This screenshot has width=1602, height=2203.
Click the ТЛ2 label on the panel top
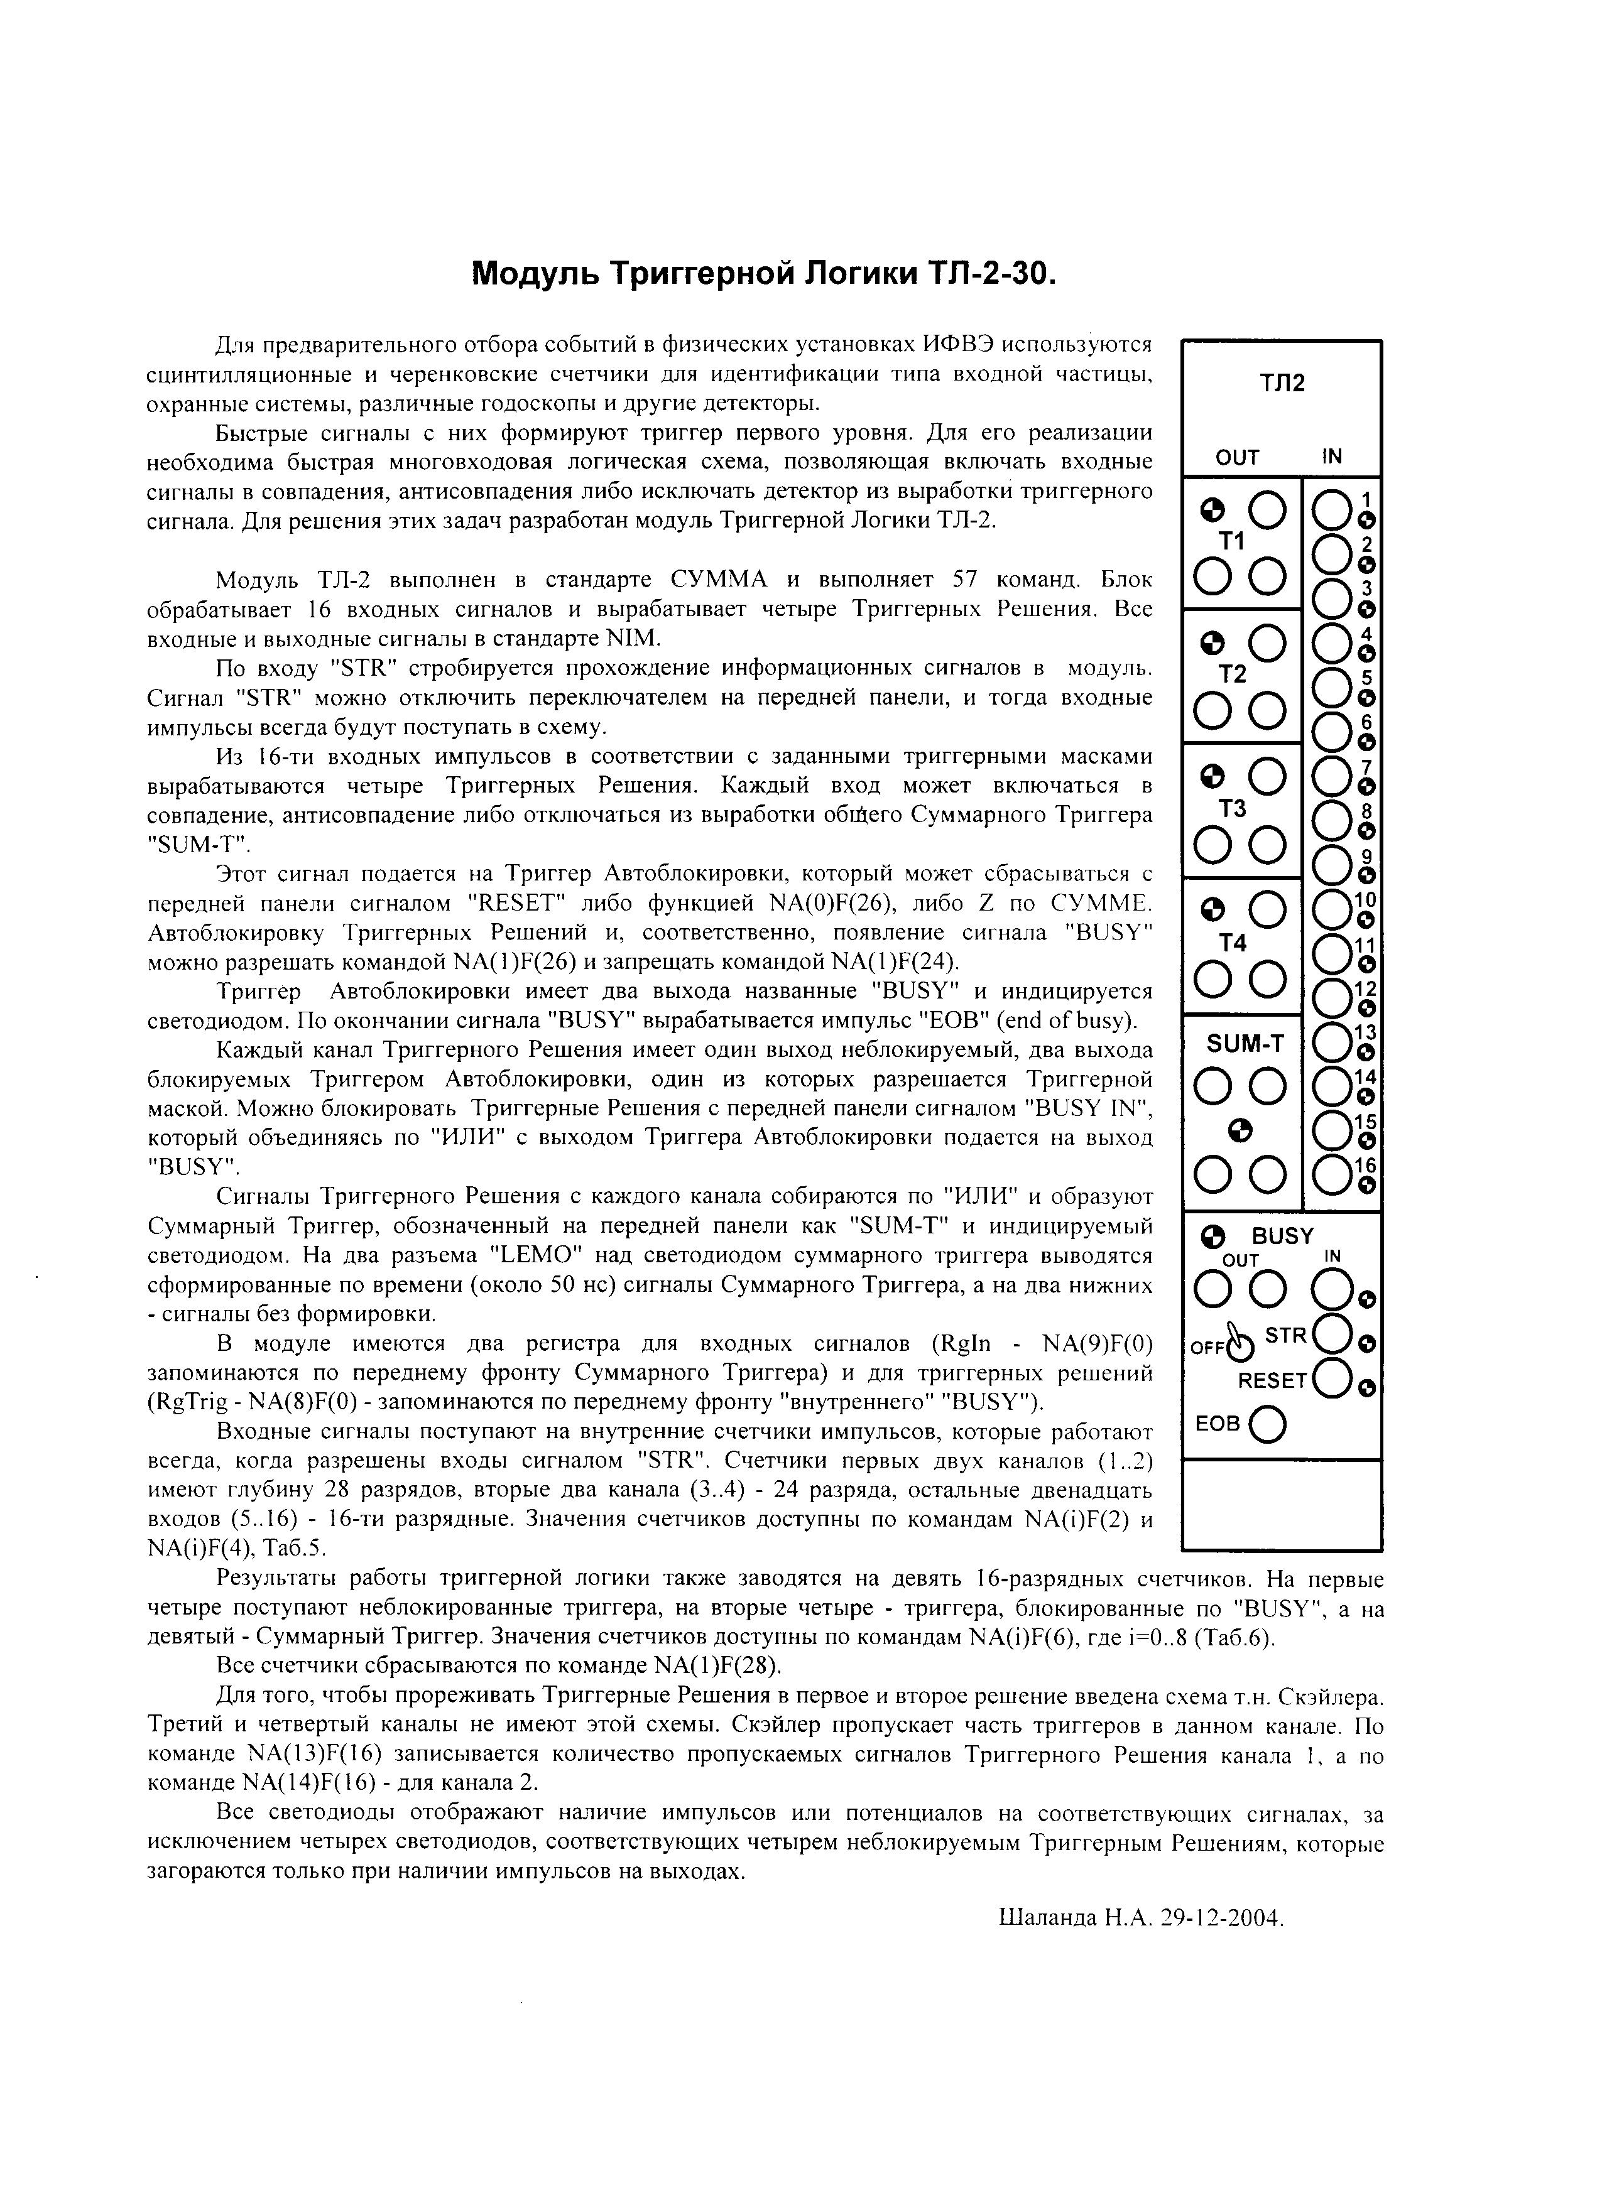[1282, 382]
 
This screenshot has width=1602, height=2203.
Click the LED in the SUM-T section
[1239, 1129]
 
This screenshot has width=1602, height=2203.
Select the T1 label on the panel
[1232, 542]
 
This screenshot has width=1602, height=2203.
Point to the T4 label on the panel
[1232, 943]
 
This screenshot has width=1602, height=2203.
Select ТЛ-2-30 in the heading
[989, 274]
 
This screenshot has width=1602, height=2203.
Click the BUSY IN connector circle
[1330, 1290]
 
